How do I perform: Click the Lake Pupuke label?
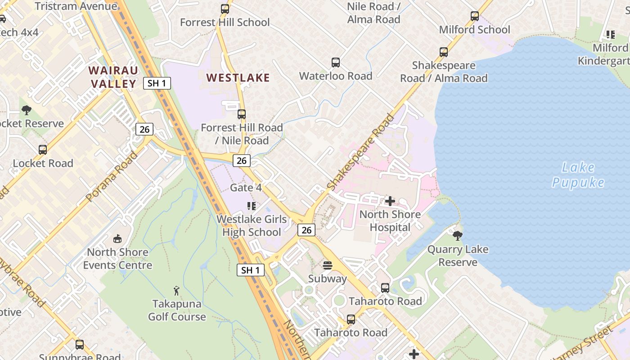(578, 175)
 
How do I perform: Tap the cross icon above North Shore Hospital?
(390, 201)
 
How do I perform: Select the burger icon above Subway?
(328, 265)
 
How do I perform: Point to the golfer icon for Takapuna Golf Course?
(177, 291)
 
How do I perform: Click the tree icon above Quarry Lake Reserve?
(458, 236)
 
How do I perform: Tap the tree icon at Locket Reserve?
(27, 110)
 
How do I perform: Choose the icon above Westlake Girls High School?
(252, 206)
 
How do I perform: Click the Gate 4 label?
(246, 188)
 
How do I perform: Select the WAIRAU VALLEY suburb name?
(112, 77)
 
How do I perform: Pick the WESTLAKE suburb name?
(238, 77)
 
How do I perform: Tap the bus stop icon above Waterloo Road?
(335, 63)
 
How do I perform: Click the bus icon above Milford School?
(475, 16)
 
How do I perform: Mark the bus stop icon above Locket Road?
(43, 150)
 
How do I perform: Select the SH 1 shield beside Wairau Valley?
(157, 83)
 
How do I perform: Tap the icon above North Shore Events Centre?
(117, 238)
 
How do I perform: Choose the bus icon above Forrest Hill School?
(225, 9)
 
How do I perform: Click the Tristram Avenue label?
(76, 6)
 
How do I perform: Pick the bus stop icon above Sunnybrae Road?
(80, 345)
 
